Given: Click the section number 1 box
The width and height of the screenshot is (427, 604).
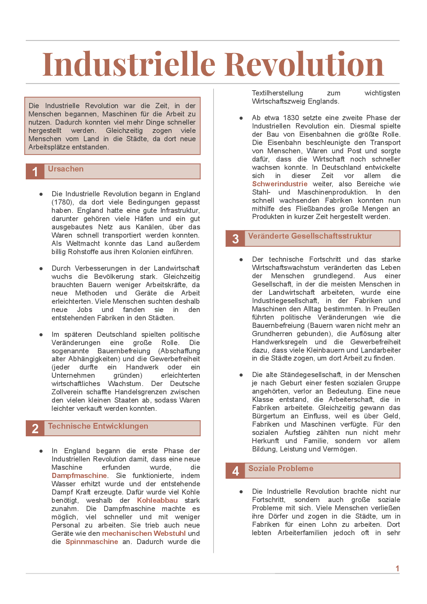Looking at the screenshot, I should click(35, 171).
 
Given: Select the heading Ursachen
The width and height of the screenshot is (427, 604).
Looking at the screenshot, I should click(66, 169).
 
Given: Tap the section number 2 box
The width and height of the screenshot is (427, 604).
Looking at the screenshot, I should click(35, 429).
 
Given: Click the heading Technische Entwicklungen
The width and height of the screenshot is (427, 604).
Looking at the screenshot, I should click(98, 426).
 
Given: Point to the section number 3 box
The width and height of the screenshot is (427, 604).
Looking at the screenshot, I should click(235, 239).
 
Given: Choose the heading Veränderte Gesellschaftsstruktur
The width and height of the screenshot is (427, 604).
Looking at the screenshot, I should click(310, 236).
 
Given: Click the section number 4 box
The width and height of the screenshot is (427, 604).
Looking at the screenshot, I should click(235, 471).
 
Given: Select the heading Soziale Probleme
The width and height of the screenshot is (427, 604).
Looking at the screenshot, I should click(281, 469).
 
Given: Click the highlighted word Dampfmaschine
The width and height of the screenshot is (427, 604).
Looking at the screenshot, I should click(79, 476).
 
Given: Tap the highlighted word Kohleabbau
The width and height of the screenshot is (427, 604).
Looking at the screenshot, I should click(157, 500).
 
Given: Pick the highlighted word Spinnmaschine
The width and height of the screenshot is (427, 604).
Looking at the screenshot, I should click(91, 542).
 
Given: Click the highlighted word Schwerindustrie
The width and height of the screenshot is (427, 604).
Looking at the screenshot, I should click(280, 184).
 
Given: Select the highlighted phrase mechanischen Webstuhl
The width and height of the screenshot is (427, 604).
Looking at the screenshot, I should click(144, 533).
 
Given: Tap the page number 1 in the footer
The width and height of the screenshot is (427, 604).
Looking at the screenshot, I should click(397, 569).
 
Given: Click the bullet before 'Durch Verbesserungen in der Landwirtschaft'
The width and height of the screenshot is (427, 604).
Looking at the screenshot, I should click(41, 268).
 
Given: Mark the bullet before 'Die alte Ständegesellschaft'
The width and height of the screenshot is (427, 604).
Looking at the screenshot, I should click(241, 375).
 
